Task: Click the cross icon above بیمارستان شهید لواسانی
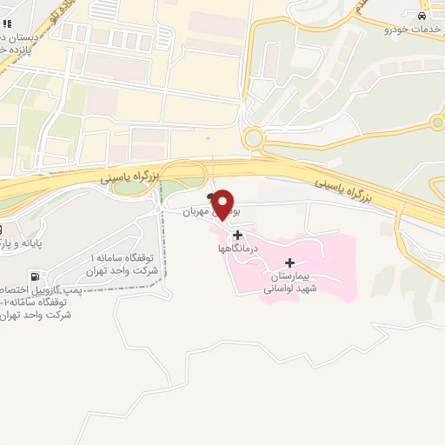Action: click(x=289, y=262)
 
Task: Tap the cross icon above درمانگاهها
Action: click(x=238, y=235)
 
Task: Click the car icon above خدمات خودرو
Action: click(x=422, y=17)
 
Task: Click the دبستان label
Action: click(x=17, y=38)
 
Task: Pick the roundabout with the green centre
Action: click(x=437, y=123)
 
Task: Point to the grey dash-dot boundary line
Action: click(x=163, y=252)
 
